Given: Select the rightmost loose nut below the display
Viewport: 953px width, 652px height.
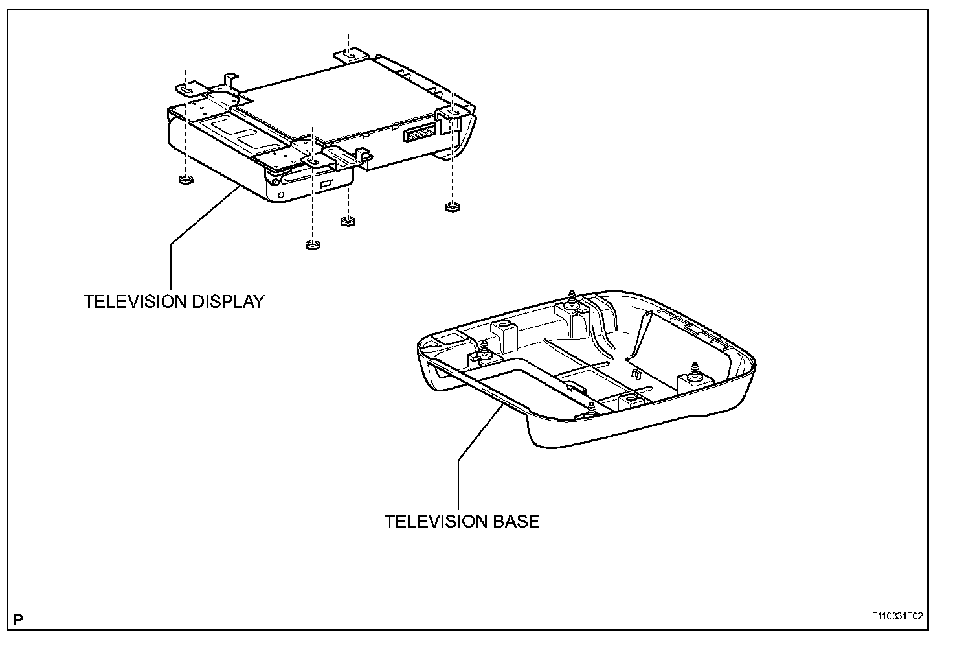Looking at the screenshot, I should point(452,207).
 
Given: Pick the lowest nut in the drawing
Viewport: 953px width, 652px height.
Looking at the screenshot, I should point(312,244).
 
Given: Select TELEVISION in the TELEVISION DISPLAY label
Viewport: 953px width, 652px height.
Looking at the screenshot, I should point(129,301).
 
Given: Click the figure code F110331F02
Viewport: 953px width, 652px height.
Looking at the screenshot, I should point(896,616).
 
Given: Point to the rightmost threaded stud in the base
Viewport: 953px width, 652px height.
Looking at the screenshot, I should point(694,371).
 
